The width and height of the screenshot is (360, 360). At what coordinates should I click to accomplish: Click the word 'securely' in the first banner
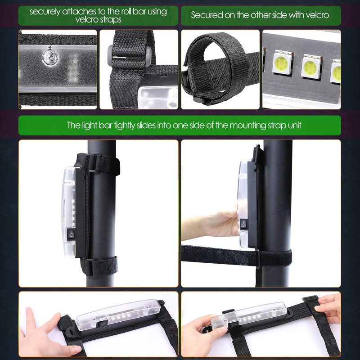(46, 11)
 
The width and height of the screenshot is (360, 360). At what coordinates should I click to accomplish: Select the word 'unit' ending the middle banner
(292, 125)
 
